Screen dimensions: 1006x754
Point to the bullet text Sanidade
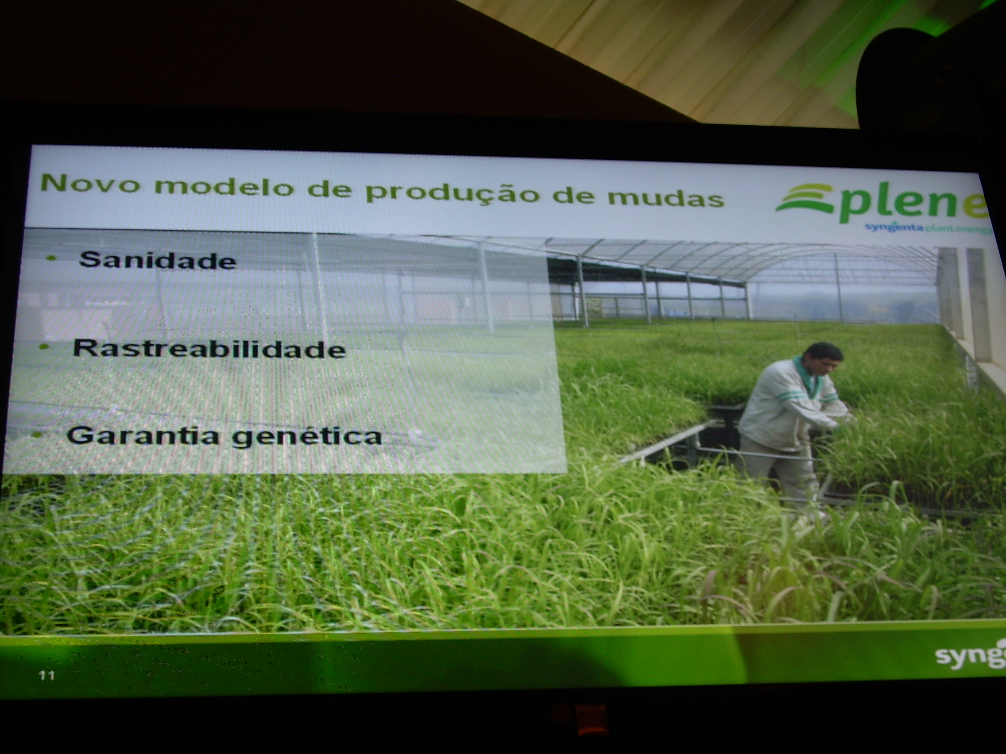coord(157,261)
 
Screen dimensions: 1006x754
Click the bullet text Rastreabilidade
coord(209,349)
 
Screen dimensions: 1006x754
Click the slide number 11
coord(47,676)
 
